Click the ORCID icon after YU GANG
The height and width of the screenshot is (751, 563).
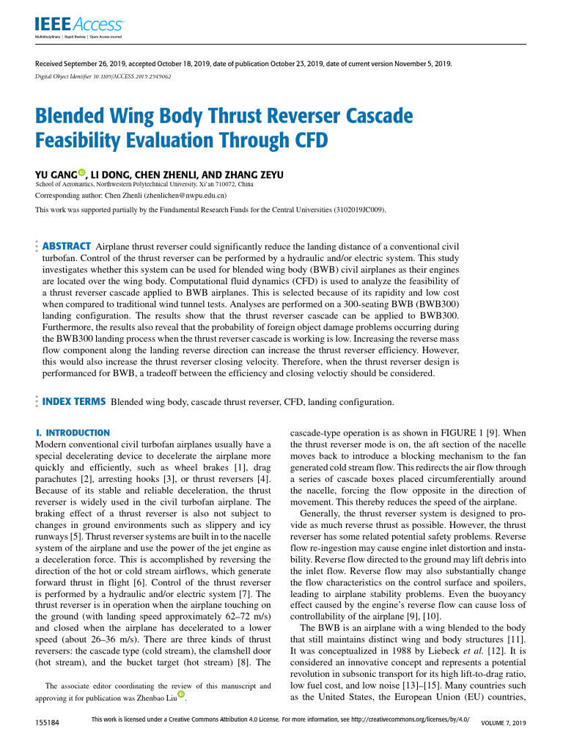(82, 173)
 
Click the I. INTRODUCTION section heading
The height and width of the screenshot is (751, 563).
(73, 433)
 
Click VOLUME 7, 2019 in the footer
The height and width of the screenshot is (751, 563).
(504, 724)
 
